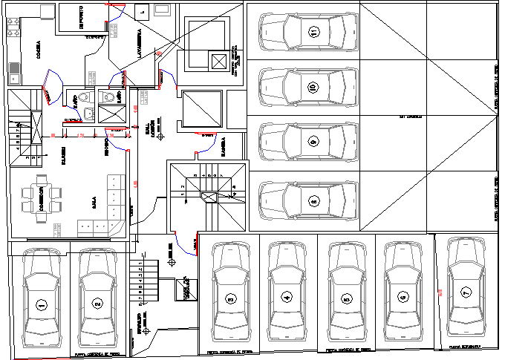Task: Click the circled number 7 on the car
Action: click(x=466, y=291)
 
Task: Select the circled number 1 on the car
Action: click(x=41, y=304)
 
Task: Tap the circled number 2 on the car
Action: click(x=97, y=304)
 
